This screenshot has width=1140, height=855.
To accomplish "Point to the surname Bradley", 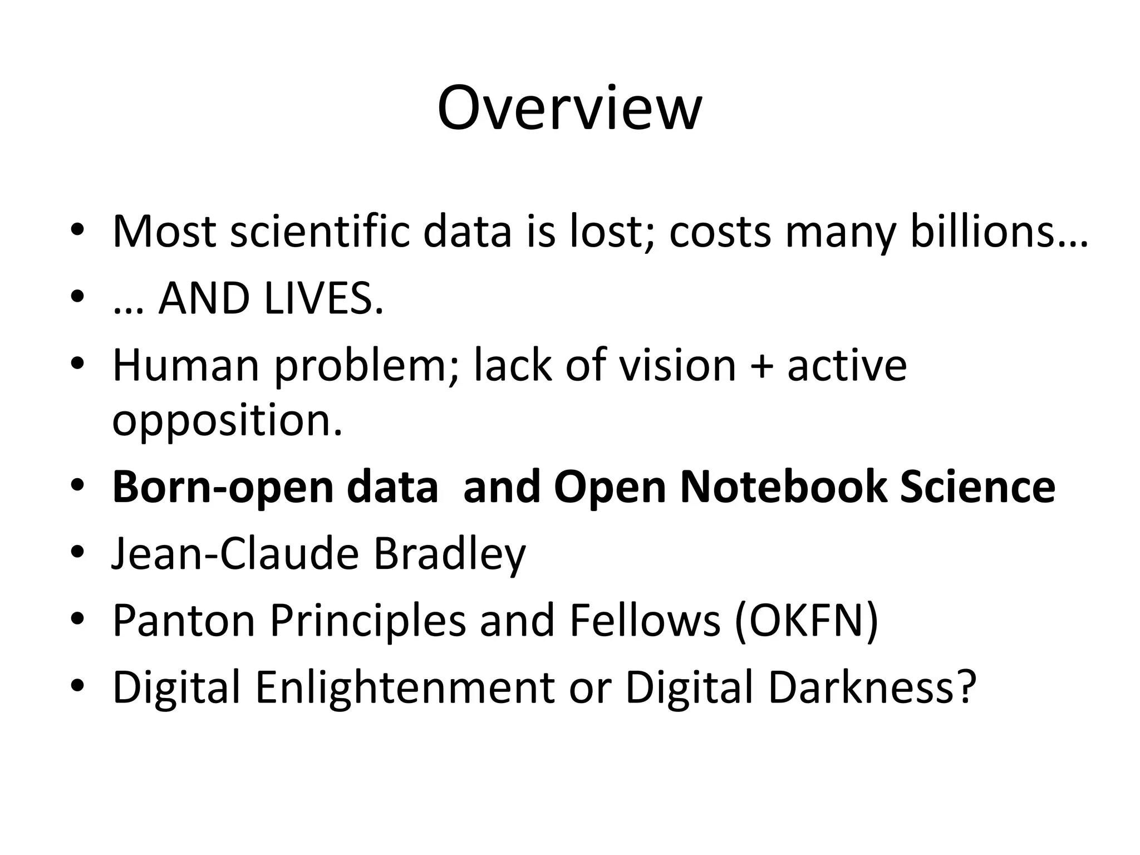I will pos(450,555).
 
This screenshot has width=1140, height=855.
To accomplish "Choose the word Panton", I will pos(184,621).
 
